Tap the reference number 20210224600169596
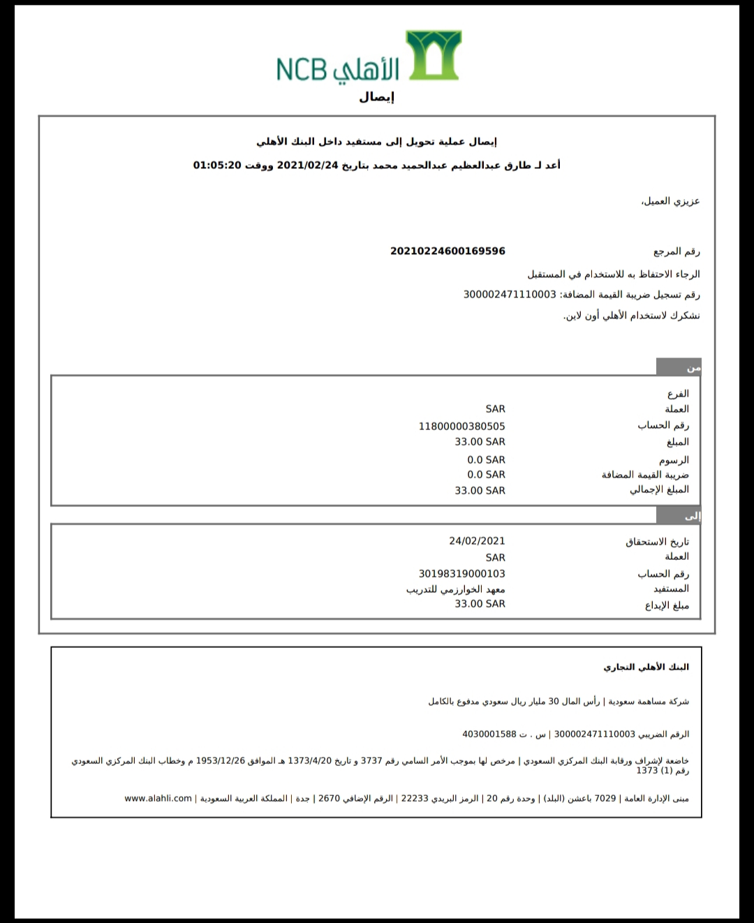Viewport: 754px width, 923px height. (x=448, y=251)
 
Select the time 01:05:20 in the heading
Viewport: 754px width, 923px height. (x=217, y=165)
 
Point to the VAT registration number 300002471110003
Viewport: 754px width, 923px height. (x=510, y=295)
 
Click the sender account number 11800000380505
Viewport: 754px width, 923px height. (x=461, y=426)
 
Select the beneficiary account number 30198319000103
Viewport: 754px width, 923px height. (x=461, y=573)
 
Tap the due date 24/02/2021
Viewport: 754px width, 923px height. (x=477, y=540)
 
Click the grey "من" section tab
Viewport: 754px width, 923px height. (x=679, y=367)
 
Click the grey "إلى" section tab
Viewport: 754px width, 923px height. (x=679, y=516)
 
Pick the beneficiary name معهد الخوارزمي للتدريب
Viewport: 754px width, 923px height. (x=456, y=589)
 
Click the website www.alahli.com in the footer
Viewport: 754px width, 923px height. (x=158, y=798)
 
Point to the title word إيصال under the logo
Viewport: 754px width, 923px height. (x=377, y=97)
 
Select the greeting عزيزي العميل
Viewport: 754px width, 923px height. (x=670, y=201)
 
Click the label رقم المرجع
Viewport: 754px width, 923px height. (x=677, y=251)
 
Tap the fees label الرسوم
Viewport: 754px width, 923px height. (x=674, y=460)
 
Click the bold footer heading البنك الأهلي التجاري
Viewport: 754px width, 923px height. (x=646, y=667)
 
